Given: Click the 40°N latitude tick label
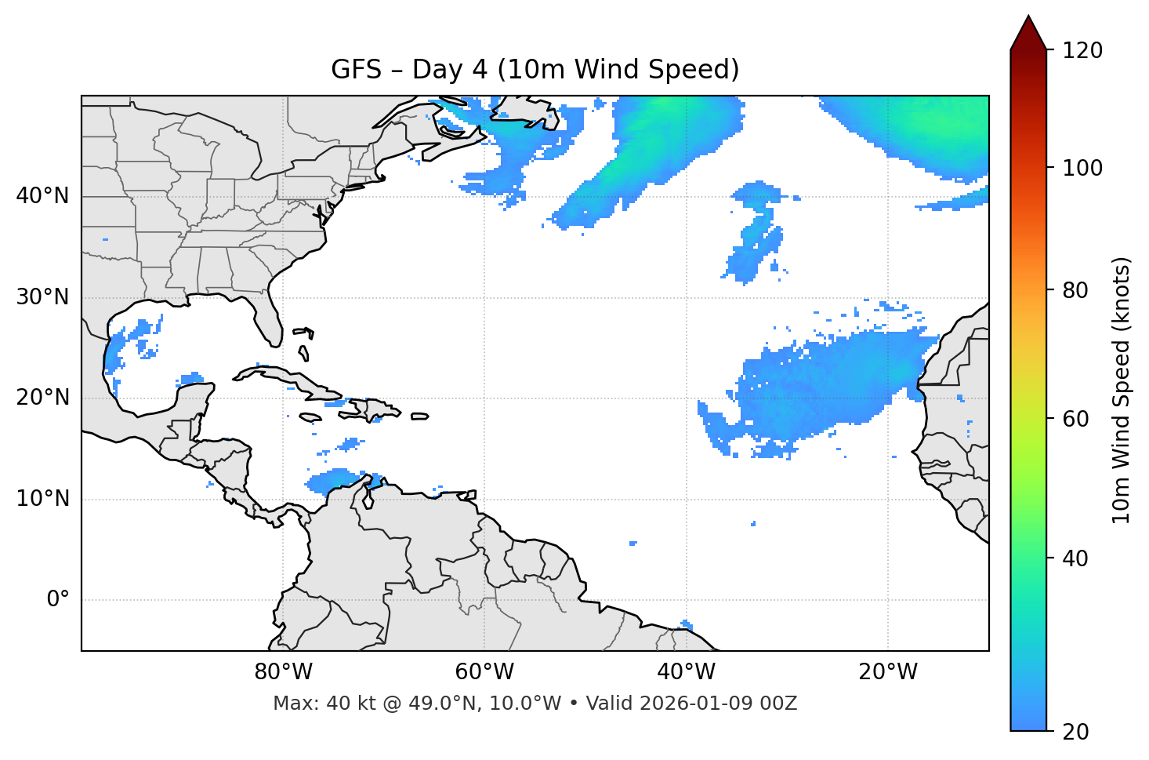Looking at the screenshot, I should pyautogui.click(x=42, y=196).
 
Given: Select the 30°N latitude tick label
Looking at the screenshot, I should pyautogui.click(x=42, y=297).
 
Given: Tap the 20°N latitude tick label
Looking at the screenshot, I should pyautogui.click(x=42, y=398).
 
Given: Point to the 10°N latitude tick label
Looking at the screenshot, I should pyautogui.click(x=42, y=499).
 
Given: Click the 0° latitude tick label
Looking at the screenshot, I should pyautogui.click(x=58, y=600).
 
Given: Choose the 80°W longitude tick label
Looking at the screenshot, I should pyautogui.click(x=283, y=672).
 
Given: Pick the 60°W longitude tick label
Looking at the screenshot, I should pyautogui.click(x=484, y=672).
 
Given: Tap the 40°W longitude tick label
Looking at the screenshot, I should pyautogui.click(x=686, y=672).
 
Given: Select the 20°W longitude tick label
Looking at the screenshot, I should pyautogui.click(x=888, y=672).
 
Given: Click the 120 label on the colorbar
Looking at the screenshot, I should pyautogui.click(x=1082, y=50).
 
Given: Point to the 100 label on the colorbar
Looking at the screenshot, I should pyautogui.click(x=1082, y=168).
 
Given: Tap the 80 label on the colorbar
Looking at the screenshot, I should pyautogui.click(x=1076, y=290).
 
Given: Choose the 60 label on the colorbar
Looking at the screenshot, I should pyautogui.click(x=1076, y=419).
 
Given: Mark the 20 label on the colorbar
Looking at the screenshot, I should pyautogui.click(x=1076, y=731).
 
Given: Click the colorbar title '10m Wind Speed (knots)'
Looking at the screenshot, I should pyautogui.click(x=1122, y=390).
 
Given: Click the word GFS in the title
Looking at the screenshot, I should pyautogui.click(x=356, y=70).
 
